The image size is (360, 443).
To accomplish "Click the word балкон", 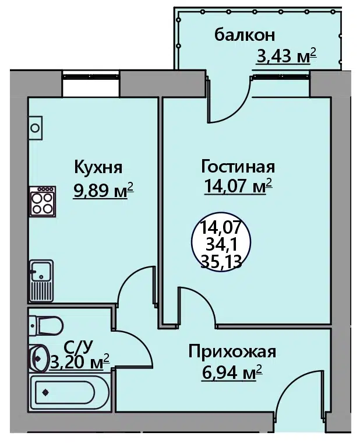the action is pyautogui.click(x=245, y=36).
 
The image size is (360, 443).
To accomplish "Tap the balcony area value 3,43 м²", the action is pyautogui.click(x=286, y=55).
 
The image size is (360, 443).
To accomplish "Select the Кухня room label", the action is pyautogui.click(x=98, y=167).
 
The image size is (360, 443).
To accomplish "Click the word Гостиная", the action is pyautogui.click(x=238, y=167).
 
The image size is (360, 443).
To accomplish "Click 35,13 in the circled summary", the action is pyautogui.click(x=221, y=262).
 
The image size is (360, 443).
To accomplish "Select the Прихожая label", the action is pyautogui.click(x=232, y=351).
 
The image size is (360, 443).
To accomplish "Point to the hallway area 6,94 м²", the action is pyautogui.click(x=232, y=372).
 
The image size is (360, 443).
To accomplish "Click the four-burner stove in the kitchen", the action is pyautogui.click(x=43, y=201).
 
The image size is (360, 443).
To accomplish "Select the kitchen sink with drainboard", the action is pyautogui.click(x=41, y=280).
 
